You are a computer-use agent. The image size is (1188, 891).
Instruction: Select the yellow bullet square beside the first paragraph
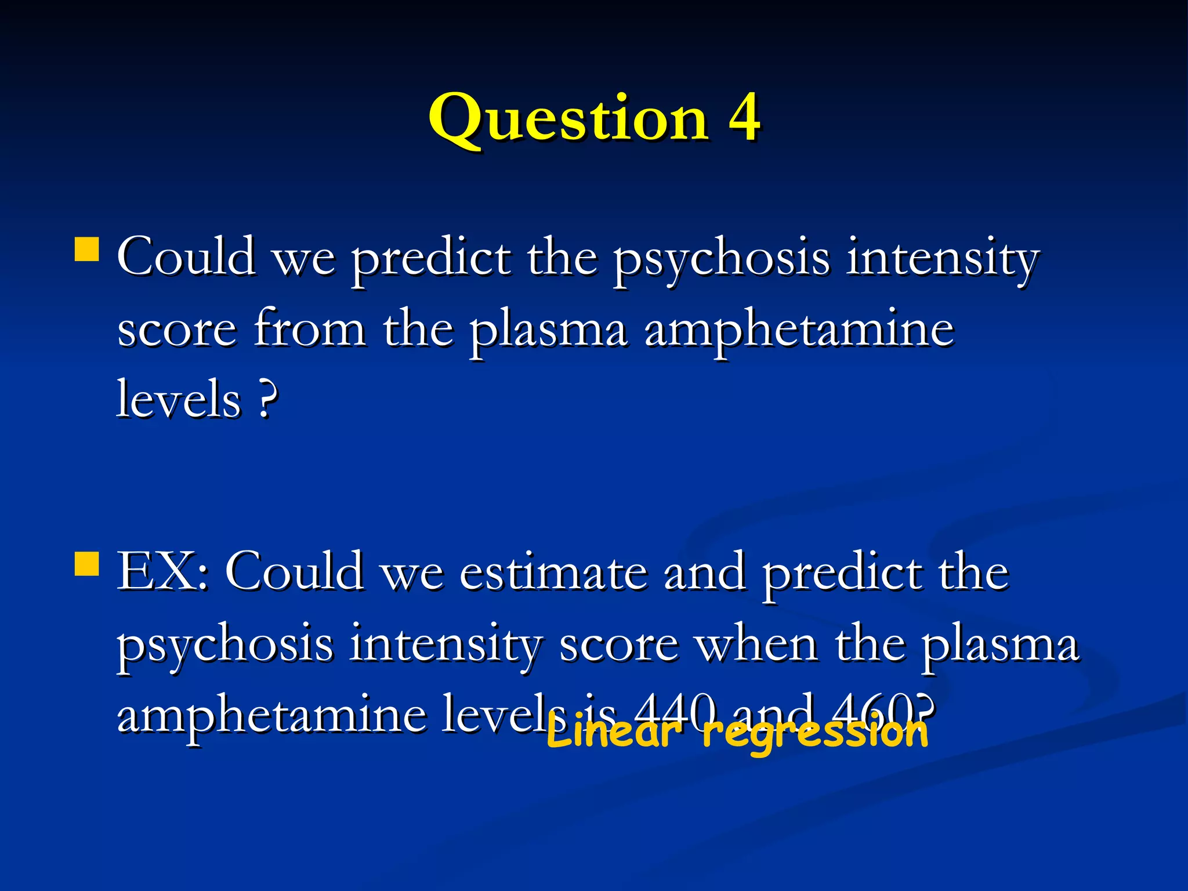tap(87, 249)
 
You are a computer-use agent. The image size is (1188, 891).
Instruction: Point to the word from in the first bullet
tap(310, 328)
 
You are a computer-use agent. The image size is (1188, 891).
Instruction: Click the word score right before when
tap(619, 645)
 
